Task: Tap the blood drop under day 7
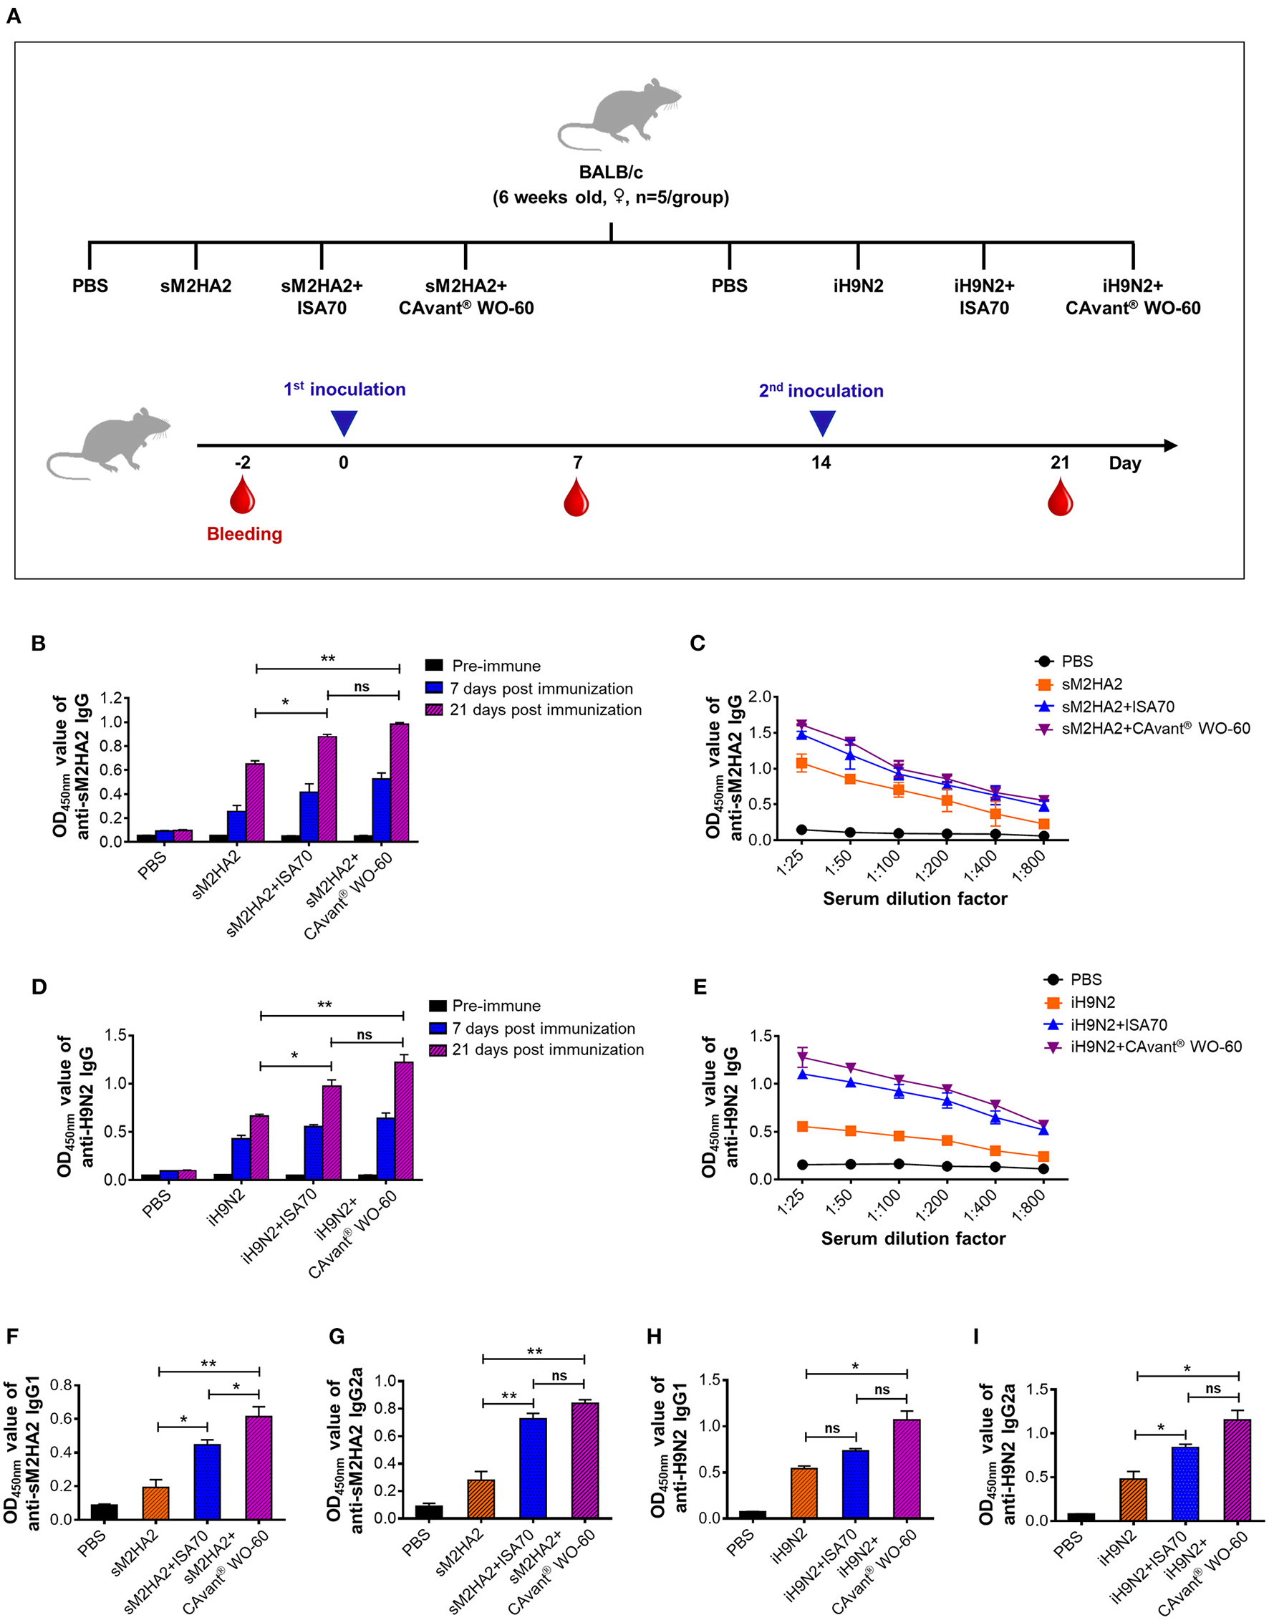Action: tap(576, 498)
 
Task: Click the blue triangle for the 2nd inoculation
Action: tap(821, 422)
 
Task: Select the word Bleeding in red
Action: tap(244, 534)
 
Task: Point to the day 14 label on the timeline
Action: tap(821, 462)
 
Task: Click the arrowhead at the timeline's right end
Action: tap(1170, 446)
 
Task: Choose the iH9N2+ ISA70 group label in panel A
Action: tap(984, 296)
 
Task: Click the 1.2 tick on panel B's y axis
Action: tap(111, 698)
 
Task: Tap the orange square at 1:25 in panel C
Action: tap(801, 763)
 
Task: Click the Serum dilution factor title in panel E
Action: tap(913, 1238)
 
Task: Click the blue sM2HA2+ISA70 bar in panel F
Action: tap(207, 1481)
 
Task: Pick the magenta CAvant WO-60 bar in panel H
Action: tap(907, 1468)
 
